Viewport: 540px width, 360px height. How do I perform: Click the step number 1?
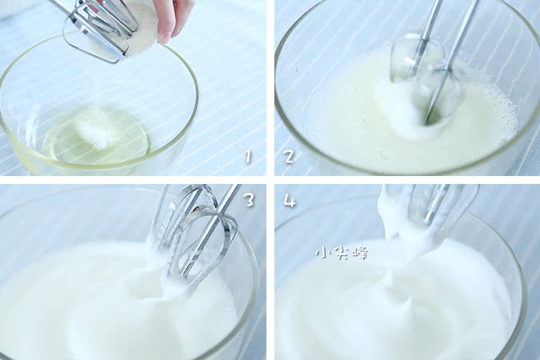248,157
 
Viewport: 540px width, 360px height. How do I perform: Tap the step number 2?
290,157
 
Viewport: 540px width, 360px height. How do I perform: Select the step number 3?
249,199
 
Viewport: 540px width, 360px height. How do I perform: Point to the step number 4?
290,200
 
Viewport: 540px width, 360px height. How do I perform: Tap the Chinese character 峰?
360,253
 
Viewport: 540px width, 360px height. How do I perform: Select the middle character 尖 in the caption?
342,253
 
